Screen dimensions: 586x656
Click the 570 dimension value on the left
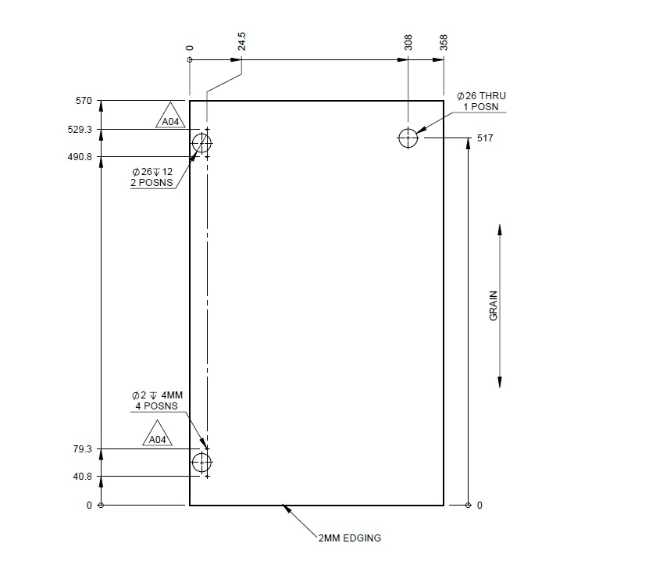point(84,101)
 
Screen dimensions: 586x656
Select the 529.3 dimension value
point(80,129)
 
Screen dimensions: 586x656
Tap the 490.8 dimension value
point(80,157)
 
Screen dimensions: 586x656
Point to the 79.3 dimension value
point(84,449)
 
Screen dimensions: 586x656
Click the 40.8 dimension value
point(84,477)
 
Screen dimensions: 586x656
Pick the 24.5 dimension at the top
point(242,41)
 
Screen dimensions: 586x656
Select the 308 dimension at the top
point(408,43)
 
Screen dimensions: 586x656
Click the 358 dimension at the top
point(444,43)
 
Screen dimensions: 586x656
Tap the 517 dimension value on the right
point(485,138)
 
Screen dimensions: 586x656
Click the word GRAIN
point(494,306)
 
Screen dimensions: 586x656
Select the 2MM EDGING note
point(349,538)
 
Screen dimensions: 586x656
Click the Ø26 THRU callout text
point(481,95)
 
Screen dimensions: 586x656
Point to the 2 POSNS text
point(152,183)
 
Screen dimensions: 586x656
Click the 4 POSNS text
point(155,406)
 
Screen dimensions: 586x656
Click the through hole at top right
point(408,138)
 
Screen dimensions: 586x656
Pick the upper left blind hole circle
point(202,143)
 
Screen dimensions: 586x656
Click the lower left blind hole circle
point(202,463)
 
